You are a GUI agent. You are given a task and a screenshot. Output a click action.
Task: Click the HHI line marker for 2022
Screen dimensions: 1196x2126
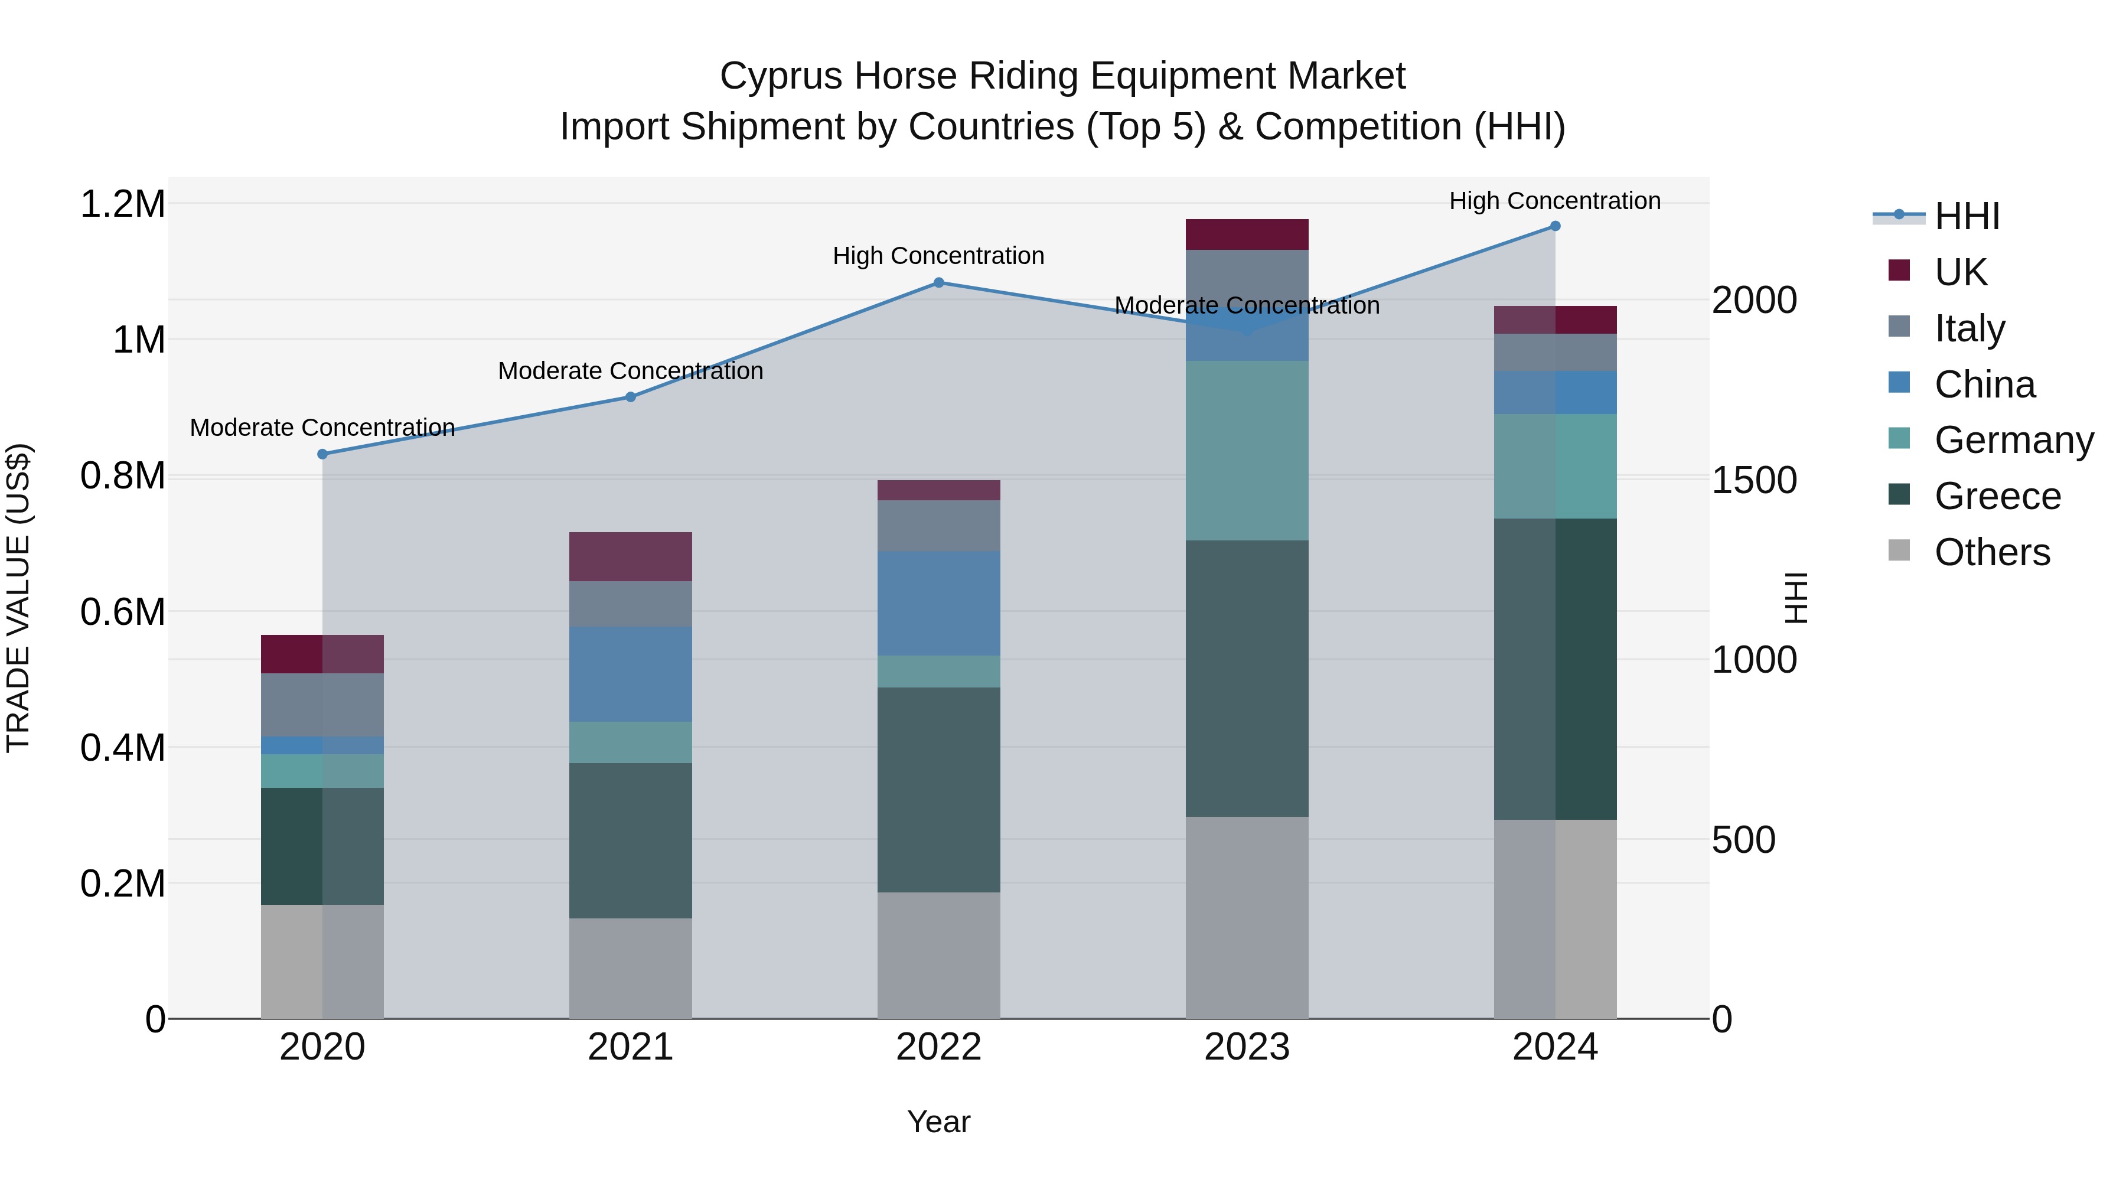(x=938, y=283)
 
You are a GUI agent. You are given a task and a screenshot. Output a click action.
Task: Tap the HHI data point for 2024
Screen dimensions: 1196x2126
(x=1555, y=226)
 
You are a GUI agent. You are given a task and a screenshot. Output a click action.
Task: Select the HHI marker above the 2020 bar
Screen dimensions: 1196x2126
(x=322, y=454)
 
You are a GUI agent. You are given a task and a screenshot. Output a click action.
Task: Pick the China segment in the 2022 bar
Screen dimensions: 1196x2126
(x=938, y=604)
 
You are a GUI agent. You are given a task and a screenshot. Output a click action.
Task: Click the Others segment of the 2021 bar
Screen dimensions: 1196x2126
(x=631, y=967)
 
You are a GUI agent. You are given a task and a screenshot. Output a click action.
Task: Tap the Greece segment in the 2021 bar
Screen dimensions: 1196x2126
(x=631, y=840)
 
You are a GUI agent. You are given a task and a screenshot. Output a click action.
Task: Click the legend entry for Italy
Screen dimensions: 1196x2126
(x=1969, y=328)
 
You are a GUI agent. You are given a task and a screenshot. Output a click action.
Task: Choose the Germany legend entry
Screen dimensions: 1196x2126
(x=2014, y=440)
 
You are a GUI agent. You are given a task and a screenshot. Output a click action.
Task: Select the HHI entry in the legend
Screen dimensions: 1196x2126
(x=1966, y=216)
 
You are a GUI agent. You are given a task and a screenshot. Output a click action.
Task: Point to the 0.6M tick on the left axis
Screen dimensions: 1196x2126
(x=123, y=612)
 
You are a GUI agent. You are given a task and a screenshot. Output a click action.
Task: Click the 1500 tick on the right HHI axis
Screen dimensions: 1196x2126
(x=1754, y=480)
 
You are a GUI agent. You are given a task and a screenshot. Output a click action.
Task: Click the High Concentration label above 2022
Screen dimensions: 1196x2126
(x=938, y=256)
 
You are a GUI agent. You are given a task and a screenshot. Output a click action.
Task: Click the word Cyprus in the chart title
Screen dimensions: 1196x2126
(x=780, y=77)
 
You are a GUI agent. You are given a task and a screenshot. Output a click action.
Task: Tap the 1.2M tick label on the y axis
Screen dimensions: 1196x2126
(x=123, y=204)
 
